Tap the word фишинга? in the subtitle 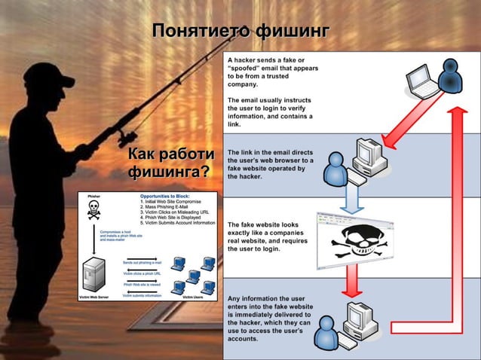pos(168,172)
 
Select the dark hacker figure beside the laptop pos(451,76)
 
